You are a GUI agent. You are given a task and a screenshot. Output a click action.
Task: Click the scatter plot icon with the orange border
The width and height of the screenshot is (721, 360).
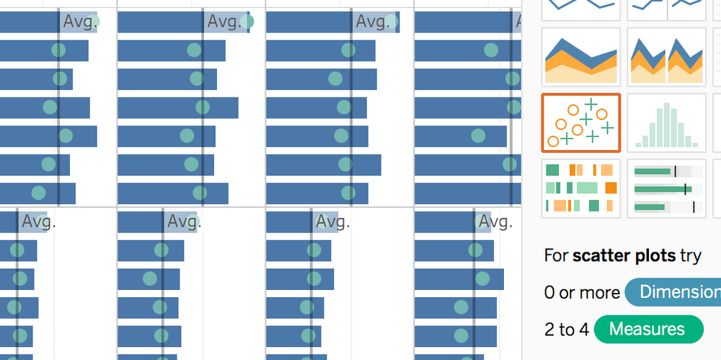pyautogui.click(x=580, y=122)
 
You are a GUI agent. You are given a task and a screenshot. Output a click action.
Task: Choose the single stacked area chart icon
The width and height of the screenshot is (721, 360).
pyautogui.click(x=580, y=57)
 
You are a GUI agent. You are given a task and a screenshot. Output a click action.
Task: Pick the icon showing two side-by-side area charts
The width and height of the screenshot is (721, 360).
pyautogui.click(x=666, y=57)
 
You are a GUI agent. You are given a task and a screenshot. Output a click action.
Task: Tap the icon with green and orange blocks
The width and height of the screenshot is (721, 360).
pyautogui.click(x=580, y=188)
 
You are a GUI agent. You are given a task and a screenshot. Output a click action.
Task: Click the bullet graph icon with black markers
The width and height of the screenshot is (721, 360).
pyautogui.click(x=666, y=188)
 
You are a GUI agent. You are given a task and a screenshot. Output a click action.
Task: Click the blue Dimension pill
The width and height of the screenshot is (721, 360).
pyautogui.click(x=674, y=292)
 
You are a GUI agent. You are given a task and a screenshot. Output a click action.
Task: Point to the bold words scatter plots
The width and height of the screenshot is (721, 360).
pyautogui.click(x=624, y=255)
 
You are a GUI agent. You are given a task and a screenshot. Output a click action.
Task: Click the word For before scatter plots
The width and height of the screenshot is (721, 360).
pyautogui.click(x=556, y=255)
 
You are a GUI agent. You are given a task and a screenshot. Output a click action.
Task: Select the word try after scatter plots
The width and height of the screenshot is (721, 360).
pyautogui.click(x=690, y=255)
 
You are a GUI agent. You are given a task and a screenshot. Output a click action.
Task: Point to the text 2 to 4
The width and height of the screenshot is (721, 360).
pyautogui.click(x=566, y=330)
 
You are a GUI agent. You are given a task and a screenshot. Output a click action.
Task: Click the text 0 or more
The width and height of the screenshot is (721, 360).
pyautogui.click(x=582, y=292)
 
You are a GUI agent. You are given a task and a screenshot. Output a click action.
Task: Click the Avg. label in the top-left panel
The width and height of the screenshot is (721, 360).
pyautogui.click(x=79, y=22)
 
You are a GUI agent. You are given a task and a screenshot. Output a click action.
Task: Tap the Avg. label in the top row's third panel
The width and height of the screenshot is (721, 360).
pyautogui.click(x=373, y=22)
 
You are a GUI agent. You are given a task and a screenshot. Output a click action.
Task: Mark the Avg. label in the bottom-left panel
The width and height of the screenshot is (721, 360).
pyautogui.click(x=38, y=221)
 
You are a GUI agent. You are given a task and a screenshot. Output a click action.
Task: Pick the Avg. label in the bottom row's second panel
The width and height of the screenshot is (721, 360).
pyautogui.click(x=184, y=221)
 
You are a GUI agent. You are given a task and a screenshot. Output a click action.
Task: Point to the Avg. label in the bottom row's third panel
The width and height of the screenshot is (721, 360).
pyautogui.click(x=332, y=221)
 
